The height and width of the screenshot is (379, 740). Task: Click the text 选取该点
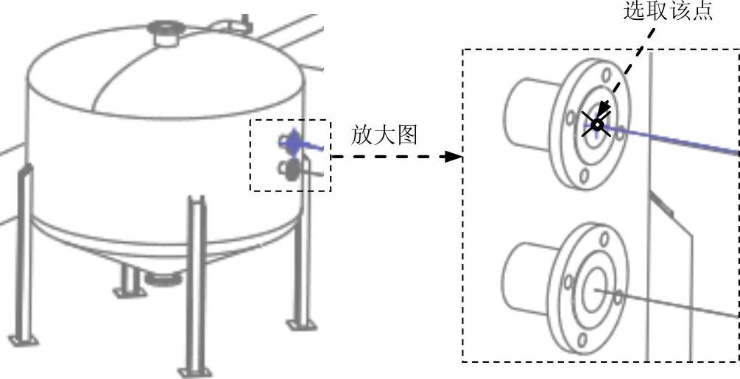coord(668,13)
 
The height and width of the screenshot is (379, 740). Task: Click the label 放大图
coord(384,135)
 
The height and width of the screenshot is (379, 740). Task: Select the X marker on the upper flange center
coord(597,126)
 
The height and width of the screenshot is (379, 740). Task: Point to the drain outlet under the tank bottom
coord(163,279)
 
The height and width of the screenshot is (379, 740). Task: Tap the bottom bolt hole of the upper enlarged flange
coord(584,175)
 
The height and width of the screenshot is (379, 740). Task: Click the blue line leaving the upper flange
coord(677,141)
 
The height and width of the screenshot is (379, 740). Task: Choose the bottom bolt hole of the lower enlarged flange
coord(583,339)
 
